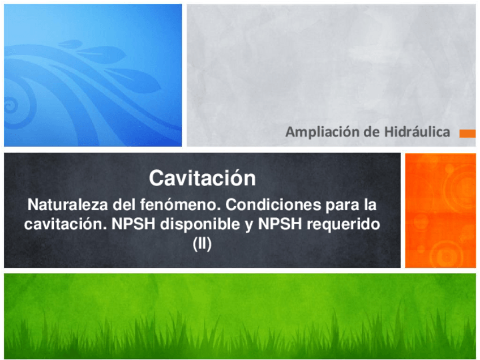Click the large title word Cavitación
[x=202, y=179]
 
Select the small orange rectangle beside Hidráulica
[x=468, y=134]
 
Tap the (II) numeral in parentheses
[x=202, y=245]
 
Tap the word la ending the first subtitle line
[x=368, y=203]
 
